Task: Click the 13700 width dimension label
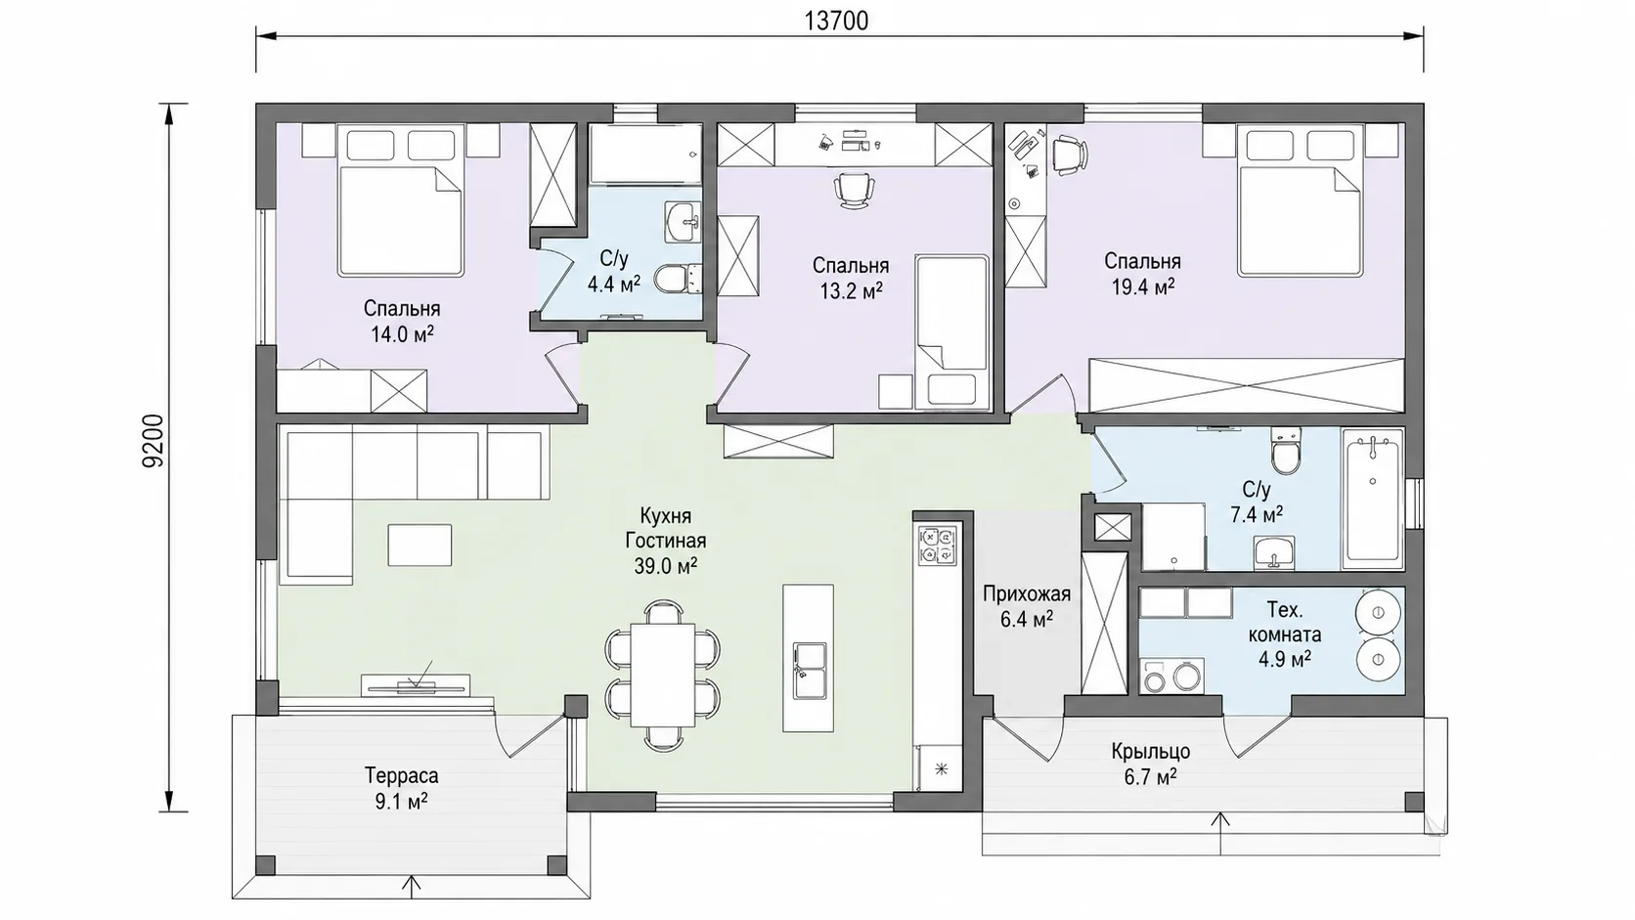click(x=836, y=22)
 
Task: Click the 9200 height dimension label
click(x=154, y=441)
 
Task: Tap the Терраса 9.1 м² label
click(x=402, y=788)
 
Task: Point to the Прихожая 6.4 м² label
click(x=1026, y=606)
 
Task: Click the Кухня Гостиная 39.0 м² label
click(x=666, y=541)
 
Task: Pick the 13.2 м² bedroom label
click(x=851, y=279)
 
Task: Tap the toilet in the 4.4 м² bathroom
click(x=678, y=279)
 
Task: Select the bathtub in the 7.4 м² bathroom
click(x=1372, y=499)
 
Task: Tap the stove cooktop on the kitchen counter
click(x=937, y=546)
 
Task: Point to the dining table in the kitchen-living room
click(x=663, y=675)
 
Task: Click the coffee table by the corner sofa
click(x=420, y=545)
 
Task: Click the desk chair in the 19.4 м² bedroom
click(x=1069, y=154)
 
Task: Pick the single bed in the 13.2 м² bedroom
click(x=951, y=332)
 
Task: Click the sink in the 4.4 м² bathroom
click(x=684, y=222)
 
